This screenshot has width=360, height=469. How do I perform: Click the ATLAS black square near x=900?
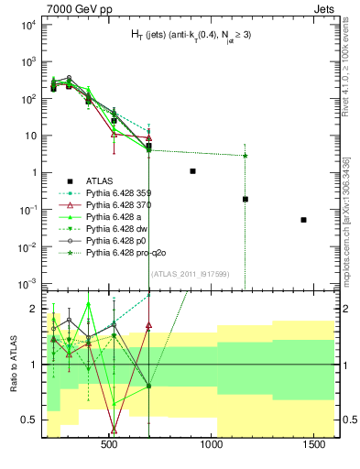pos(192,171)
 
